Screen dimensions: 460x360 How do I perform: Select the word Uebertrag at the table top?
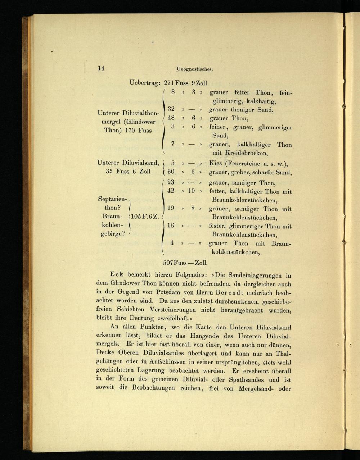(145, 83)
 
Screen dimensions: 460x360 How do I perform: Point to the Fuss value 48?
(171, 118)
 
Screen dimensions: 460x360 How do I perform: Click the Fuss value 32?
(171, 109)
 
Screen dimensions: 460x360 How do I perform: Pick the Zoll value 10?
(192, 191)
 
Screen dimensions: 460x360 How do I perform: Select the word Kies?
(216, 163)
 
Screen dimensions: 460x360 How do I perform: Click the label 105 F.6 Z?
(145, 217)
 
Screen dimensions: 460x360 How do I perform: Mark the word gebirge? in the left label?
(113, 234)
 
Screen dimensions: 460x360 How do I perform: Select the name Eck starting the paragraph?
(117, 274)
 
